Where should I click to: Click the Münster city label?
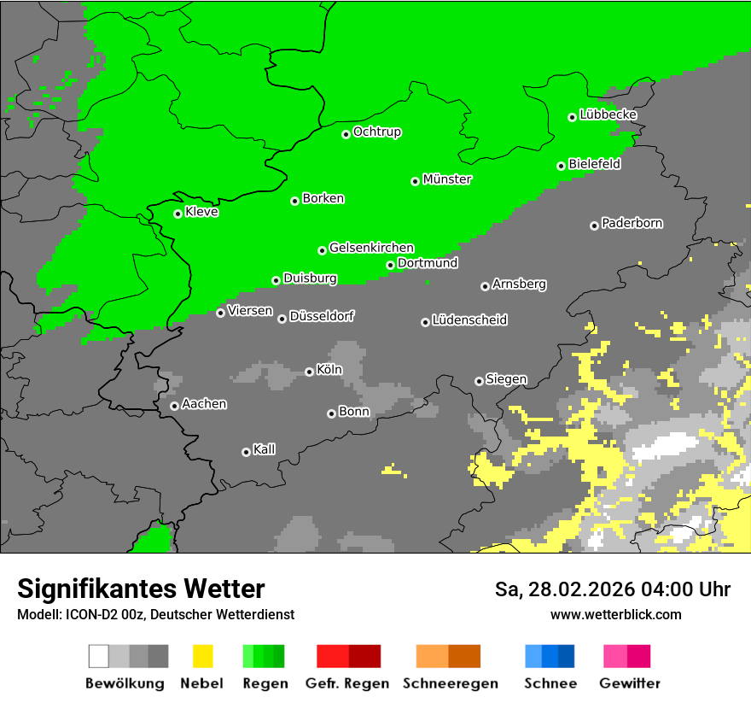point(447,179)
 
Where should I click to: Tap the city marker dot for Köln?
point(309,372)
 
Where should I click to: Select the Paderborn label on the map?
point(632,223)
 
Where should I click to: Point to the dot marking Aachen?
point(174,406)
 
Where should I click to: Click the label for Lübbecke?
point(608,114)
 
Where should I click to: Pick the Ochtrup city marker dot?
point(346,134)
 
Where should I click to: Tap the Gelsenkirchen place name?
point(371,248)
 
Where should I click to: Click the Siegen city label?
point(506,379)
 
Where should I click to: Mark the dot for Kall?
point(246,452)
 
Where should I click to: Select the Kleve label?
point(201,212)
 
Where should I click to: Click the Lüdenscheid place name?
point(469,320)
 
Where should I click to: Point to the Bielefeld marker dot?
point(561,166)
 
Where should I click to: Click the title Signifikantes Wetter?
point(141,589)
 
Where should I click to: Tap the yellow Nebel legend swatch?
point(202,656)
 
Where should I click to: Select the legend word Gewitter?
point(629,683)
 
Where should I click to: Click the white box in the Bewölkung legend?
point(99,656)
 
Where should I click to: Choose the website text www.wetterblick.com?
point(615,614)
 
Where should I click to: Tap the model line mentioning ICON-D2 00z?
point(155,614)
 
